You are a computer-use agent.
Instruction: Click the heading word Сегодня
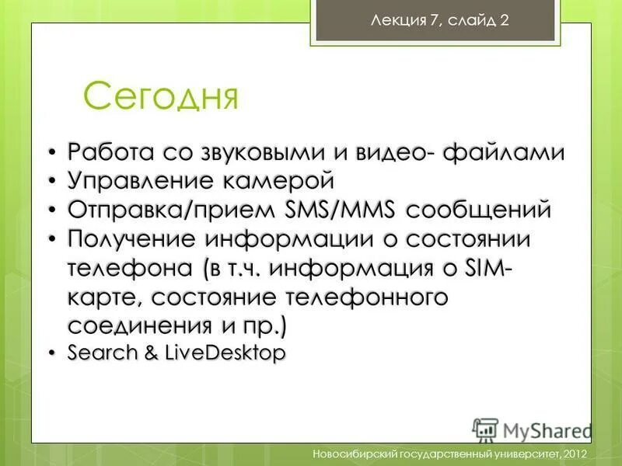pos(160,97)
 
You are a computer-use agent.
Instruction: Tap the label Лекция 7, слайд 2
pos(439,21)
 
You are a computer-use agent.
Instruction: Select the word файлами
pos(504,151)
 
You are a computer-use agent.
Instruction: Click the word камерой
pos(274,181)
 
